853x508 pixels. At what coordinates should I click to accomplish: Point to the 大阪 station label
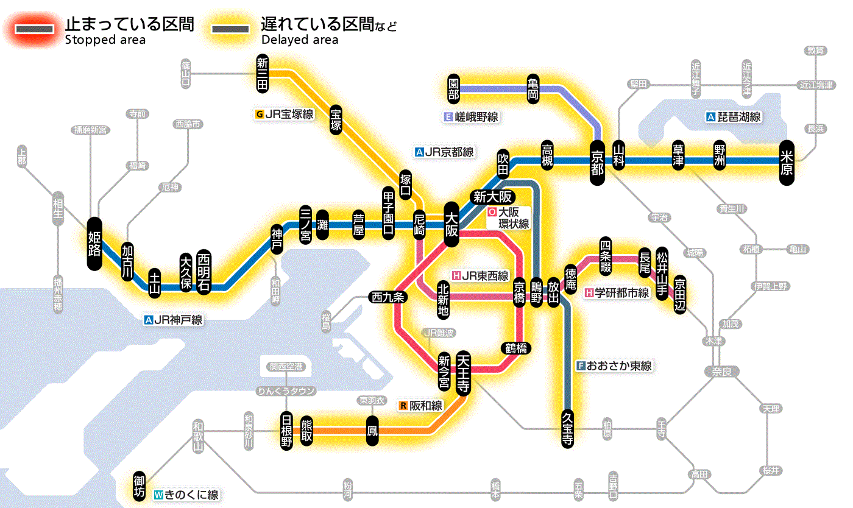tap(451, 224)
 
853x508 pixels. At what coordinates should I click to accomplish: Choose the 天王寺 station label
tap(462, 373)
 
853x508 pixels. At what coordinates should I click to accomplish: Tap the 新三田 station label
tap(263, 74)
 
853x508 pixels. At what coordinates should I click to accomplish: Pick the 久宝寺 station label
tap(567, 428)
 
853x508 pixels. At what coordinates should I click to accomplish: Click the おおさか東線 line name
tap(614, 366)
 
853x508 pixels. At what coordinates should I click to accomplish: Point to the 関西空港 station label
tap(286, 367)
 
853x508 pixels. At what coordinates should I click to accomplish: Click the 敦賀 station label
tap(816, 50)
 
